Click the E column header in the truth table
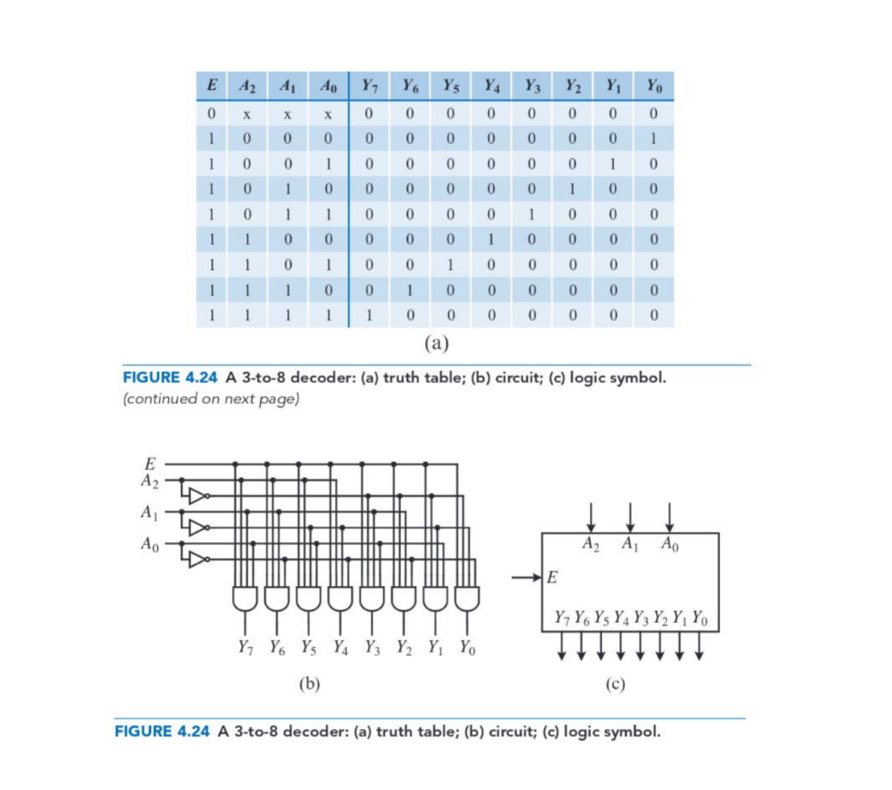[211, 86]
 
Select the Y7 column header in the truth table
[370, 86]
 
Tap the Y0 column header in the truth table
[654, 86]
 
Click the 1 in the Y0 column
[654, 138]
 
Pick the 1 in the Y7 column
[369, 315]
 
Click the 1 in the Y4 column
[491, 240]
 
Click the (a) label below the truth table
[437, 343]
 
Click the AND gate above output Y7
[244, 598]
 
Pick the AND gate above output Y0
[467, 598]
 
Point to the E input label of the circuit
[150, 464]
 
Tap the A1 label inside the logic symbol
[630, 544]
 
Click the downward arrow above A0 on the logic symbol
[669, 517]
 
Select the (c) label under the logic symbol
[615, 683]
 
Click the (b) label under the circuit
[309, 683]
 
